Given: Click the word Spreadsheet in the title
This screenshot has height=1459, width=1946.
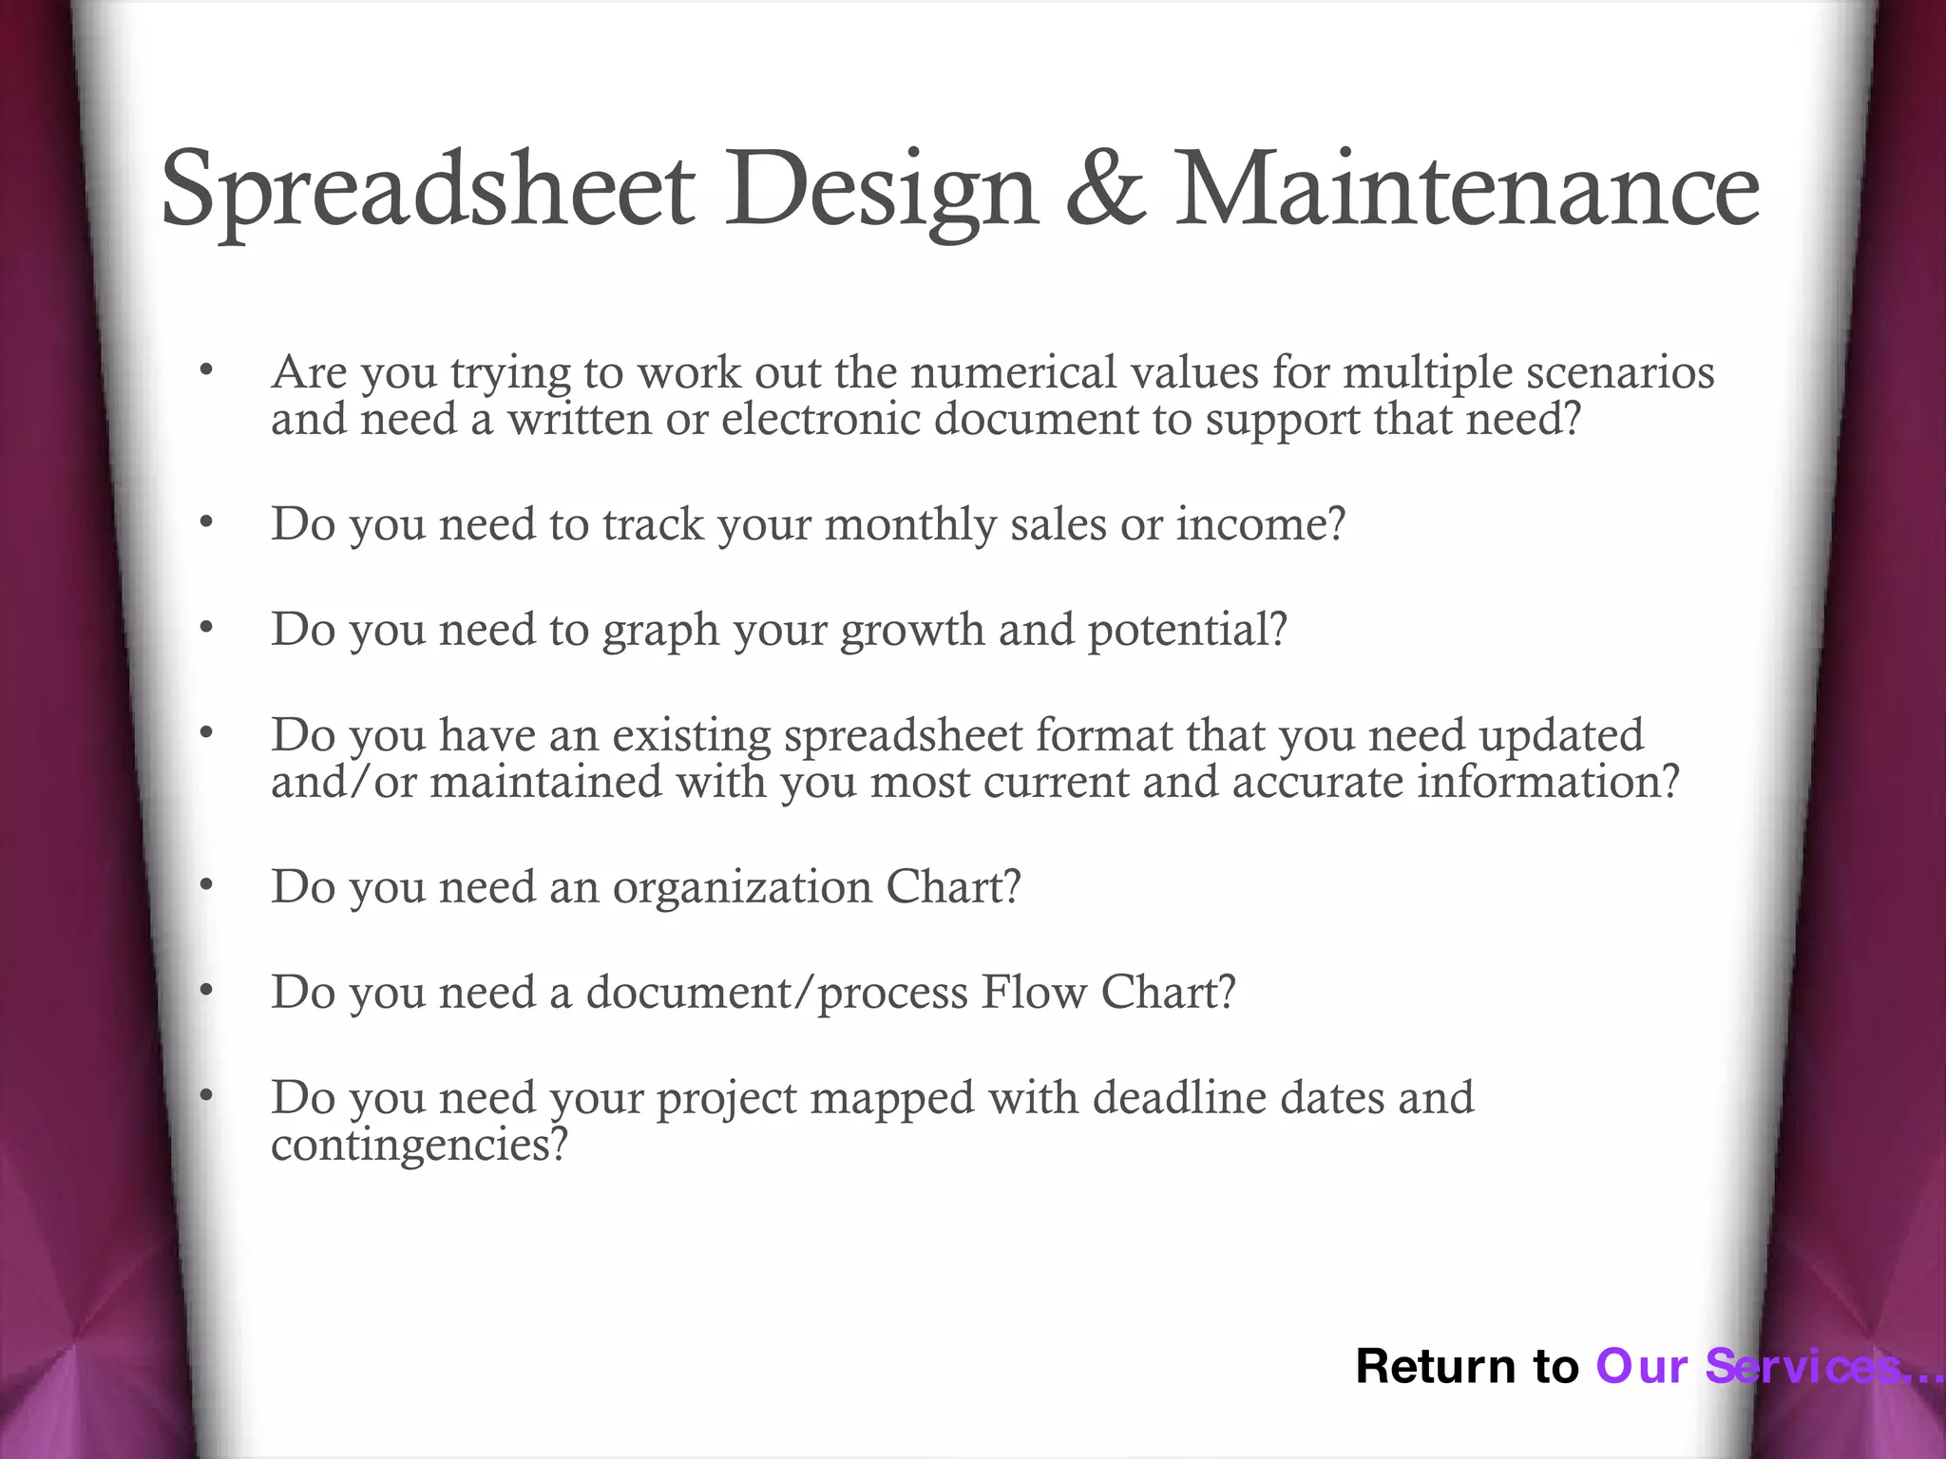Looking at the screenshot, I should coord(428,190).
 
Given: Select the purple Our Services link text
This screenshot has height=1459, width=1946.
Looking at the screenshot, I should coord(1758,1366).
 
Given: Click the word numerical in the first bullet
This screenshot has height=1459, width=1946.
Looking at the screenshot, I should coord(1013,372).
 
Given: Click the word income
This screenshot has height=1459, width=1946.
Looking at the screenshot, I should coord(1260,524).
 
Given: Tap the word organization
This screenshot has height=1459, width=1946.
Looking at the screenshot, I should coord(742,888).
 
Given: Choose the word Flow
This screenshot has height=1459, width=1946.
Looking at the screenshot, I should coord(1034,993).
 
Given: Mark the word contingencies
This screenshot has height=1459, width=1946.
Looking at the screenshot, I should coord(418,1146).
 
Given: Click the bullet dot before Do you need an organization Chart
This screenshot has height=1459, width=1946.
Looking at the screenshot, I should coord(206,885).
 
